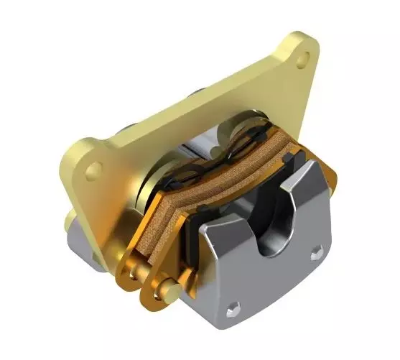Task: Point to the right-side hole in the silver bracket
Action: (x=315, y=253)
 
